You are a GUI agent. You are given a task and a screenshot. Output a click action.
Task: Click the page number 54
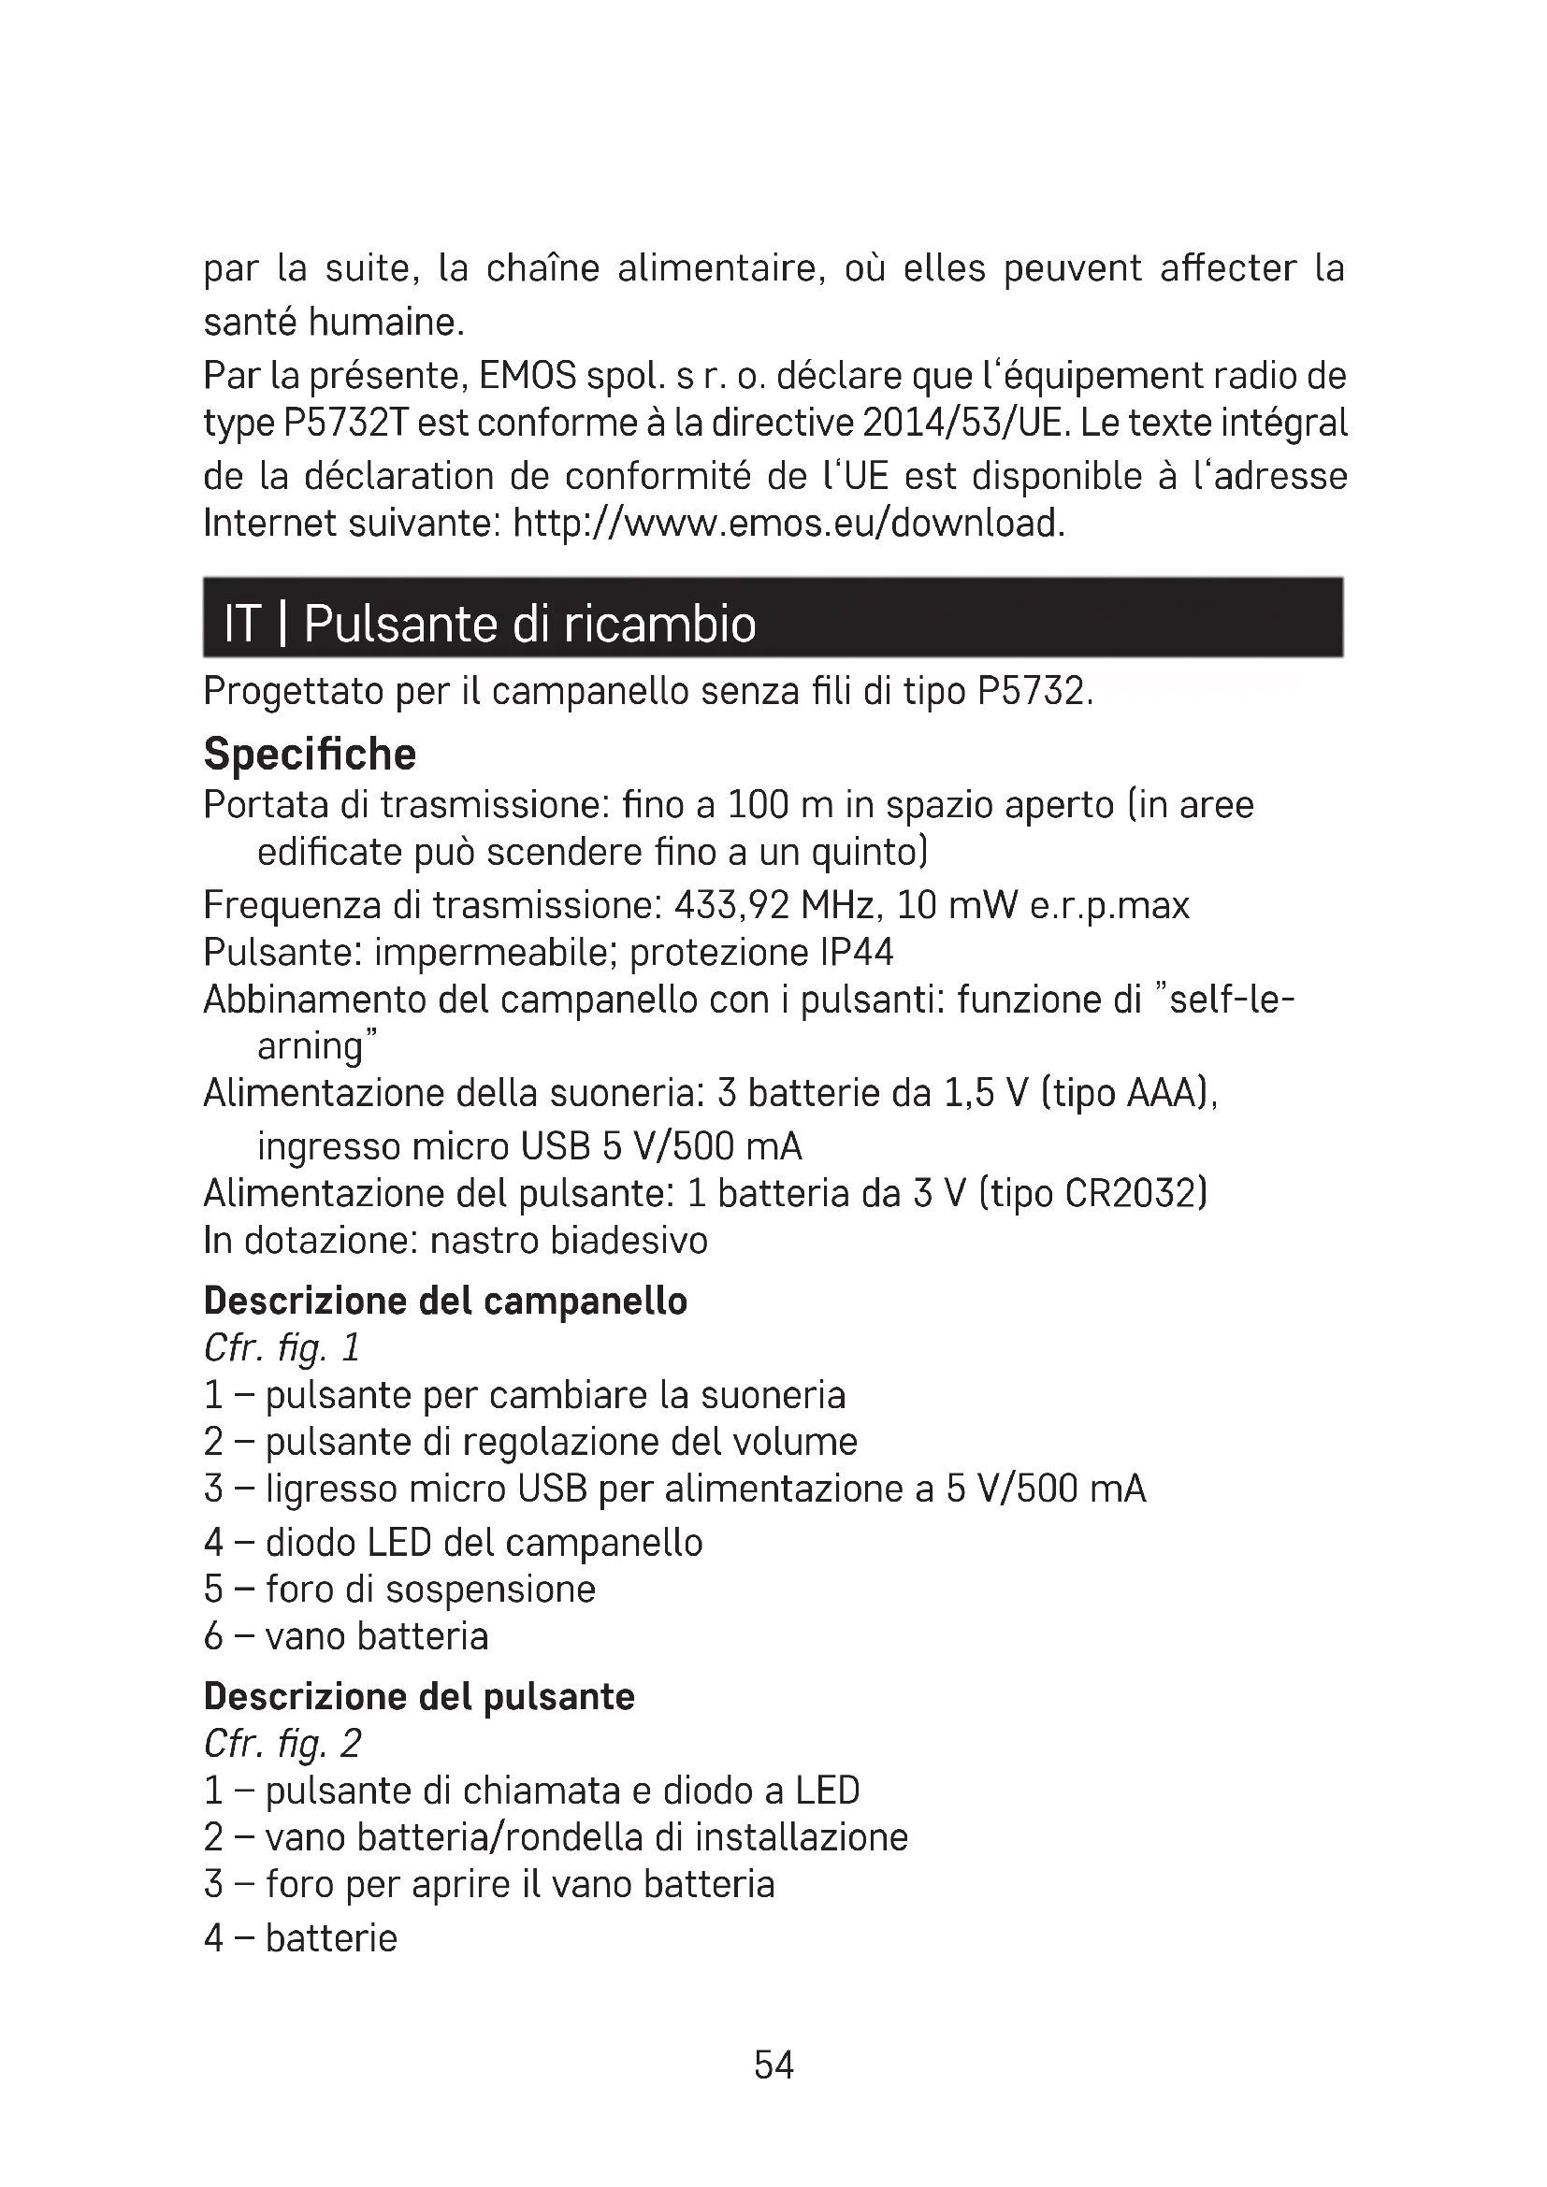click(773, 2065)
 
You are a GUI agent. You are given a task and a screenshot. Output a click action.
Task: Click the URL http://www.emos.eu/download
click(788, 523)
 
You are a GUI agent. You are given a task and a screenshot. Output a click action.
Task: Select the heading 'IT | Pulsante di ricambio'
click(489, 624)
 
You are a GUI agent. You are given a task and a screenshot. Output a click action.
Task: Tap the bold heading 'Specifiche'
click(310, 754)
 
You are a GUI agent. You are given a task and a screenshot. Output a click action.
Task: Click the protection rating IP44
click(856, 952)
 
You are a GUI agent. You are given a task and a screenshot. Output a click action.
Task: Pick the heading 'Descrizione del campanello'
click(445, 1301)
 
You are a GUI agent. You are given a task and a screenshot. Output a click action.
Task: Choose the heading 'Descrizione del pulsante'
click(419, 1696)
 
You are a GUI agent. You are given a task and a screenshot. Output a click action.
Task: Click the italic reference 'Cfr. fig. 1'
click(282, 1348)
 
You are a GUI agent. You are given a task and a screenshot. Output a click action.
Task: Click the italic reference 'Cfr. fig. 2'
click(282, 1744)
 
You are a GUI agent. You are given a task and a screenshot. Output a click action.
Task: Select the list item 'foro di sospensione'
click(429, 1589)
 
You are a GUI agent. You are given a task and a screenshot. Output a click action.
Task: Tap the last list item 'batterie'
click(330, 1938)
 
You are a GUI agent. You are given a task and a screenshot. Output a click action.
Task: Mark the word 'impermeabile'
click(496, 952)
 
